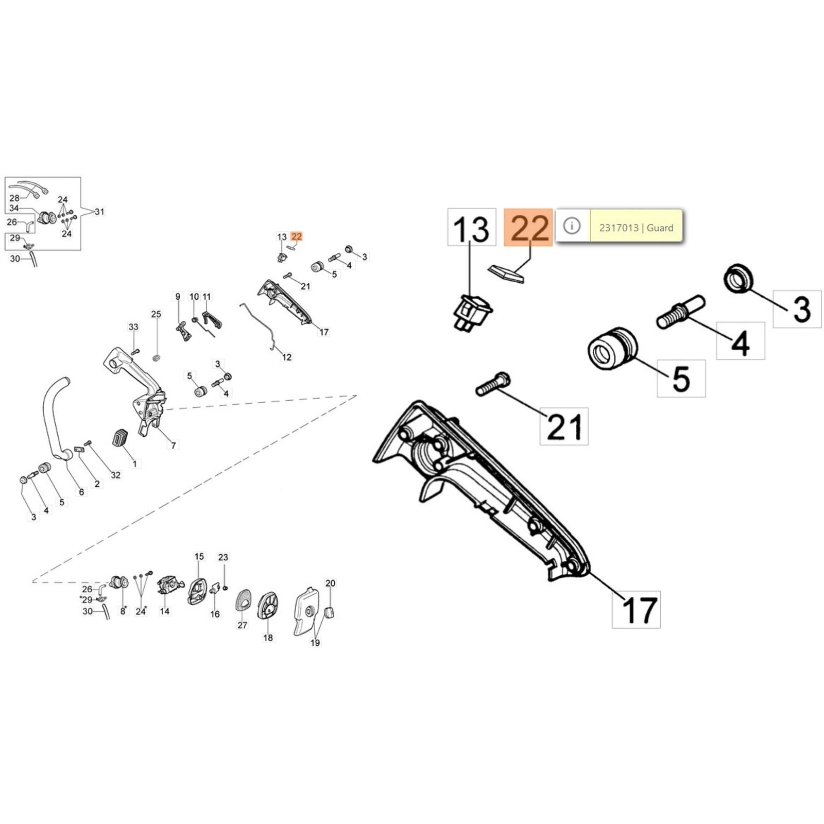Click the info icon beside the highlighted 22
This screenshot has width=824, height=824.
point(572,226)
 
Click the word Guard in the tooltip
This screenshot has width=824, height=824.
point(660,228)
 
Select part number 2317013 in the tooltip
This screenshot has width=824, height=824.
point(619,228)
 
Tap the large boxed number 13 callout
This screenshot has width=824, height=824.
point(471,227)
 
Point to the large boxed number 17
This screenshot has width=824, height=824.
point(637,609)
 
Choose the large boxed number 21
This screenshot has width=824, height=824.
point(564,426)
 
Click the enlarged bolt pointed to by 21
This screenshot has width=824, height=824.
point(492,384)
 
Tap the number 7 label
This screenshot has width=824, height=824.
point(174,445)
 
